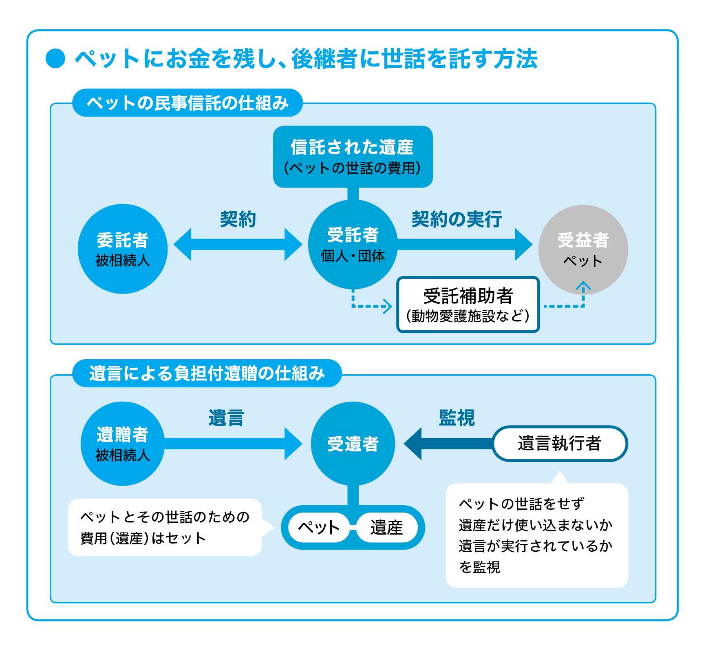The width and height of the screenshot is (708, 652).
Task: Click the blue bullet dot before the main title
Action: point(55,58)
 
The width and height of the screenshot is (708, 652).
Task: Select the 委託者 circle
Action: point(123,249)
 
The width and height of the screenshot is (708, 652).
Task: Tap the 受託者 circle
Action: point(353,245)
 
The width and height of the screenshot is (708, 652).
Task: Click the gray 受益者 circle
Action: point(583,250)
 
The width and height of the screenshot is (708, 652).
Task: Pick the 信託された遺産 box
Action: point(353,157)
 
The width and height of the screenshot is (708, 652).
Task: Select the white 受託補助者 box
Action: point(468,305)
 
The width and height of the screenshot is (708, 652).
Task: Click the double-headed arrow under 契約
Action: point(238,244)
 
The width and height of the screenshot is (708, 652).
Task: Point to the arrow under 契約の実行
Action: point(465,244)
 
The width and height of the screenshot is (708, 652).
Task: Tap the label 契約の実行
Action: point(457,219)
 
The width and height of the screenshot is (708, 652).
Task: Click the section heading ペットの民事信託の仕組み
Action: point(187,103)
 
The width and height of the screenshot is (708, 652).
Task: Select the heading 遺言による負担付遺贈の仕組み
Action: point(207,373)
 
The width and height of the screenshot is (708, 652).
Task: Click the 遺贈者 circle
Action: point(123,444)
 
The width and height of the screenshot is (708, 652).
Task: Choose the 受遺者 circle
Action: point(353,444)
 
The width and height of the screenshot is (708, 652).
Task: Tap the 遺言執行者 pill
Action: point(560,443)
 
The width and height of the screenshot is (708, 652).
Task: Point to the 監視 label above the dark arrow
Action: point(457,418)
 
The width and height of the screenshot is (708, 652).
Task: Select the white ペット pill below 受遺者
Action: point(319,527)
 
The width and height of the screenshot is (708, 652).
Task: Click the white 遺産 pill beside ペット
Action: point(386,527)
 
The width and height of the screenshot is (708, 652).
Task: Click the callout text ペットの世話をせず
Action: point(522,504)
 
